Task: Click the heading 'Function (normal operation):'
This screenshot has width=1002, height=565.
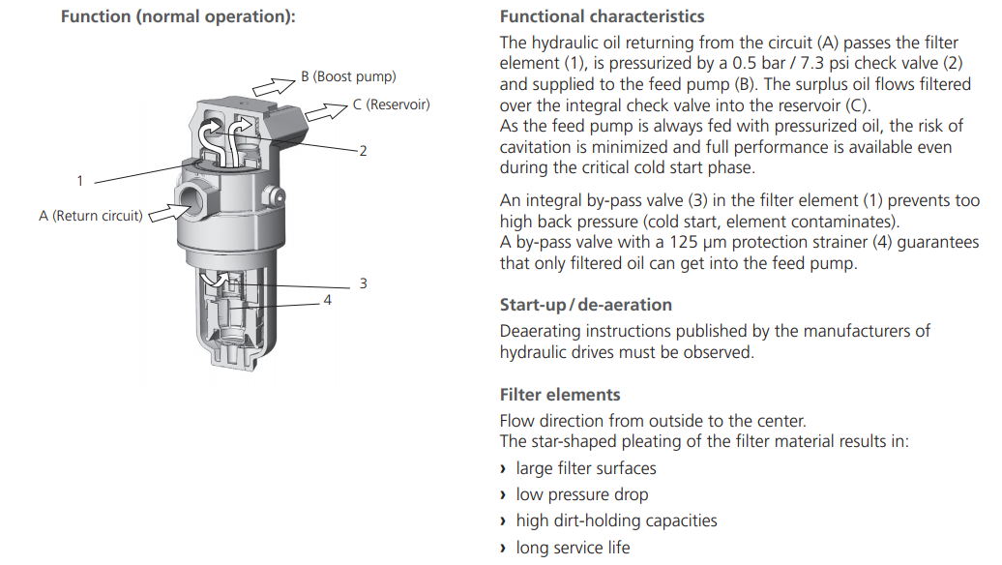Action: pos(178,17)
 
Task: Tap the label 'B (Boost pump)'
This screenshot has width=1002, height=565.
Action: pos(347,76)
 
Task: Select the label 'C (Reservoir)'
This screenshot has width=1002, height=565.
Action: pos(391,104)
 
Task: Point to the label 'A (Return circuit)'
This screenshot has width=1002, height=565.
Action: pos(90,216)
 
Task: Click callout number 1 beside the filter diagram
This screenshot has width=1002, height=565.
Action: pos(79,181)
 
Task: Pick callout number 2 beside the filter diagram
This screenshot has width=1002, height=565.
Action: pos(363,151)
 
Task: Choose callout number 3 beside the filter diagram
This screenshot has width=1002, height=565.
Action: pos(363,283)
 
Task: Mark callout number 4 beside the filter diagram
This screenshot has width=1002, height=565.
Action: pos(327,301)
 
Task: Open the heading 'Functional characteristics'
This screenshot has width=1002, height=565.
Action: pos(602,16)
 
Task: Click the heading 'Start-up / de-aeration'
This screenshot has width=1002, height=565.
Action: pos(585,305)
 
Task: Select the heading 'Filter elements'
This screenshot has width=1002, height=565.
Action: pos(560,395)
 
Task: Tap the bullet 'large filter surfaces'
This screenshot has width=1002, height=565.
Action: pos(585,468)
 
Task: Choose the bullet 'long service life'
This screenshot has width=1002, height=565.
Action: pos(573,548)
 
